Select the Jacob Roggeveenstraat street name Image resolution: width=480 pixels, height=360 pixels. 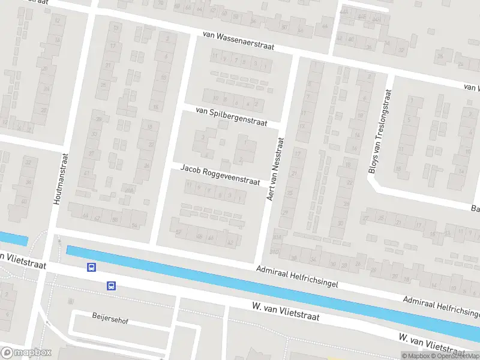pos(220,175)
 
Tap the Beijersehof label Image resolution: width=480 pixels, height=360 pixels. pos(110,318)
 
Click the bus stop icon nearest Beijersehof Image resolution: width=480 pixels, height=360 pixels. pos(112,286)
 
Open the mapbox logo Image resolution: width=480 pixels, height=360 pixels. pos(26,352)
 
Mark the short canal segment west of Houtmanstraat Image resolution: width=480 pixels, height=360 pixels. pos(13,239)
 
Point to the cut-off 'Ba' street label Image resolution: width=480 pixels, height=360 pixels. pos(474,208)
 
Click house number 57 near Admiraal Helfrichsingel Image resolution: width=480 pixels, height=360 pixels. pos(178,232)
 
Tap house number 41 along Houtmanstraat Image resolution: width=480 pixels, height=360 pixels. pos(86,173)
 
